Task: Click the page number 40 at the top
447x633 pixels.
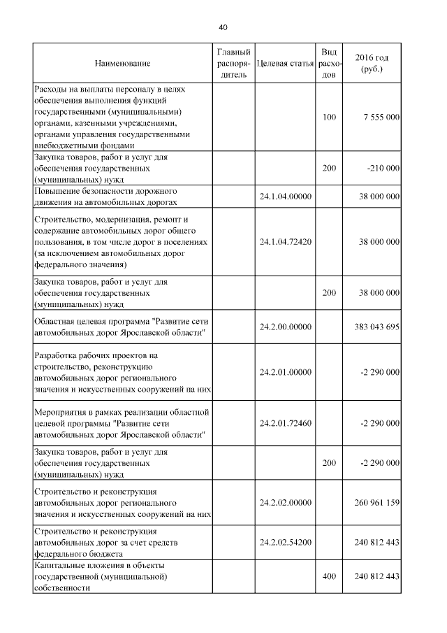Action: [x=223, y=27]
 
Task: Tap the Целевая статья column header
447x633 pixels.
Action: [x=285, y=64]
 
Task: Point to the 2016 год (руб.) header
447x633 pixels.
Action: [x=372, y=64]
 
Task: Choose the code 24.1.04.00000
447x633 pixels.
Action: [x=285, y=197]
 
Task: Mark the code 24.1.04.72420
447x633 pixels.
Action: [x=285, y=241]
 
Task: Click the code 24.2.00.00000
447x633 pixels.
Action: [x=285, y=327]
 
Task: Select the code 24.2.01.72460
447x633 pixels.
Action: [x=285, y=423]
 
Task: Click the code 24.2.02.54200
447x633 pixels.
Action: [x=285, y=542]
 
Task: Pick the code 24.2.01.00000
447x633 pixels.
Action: [x=285, y=372]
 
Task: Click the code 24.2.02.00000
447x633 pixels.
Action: [x=285, y=502]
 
